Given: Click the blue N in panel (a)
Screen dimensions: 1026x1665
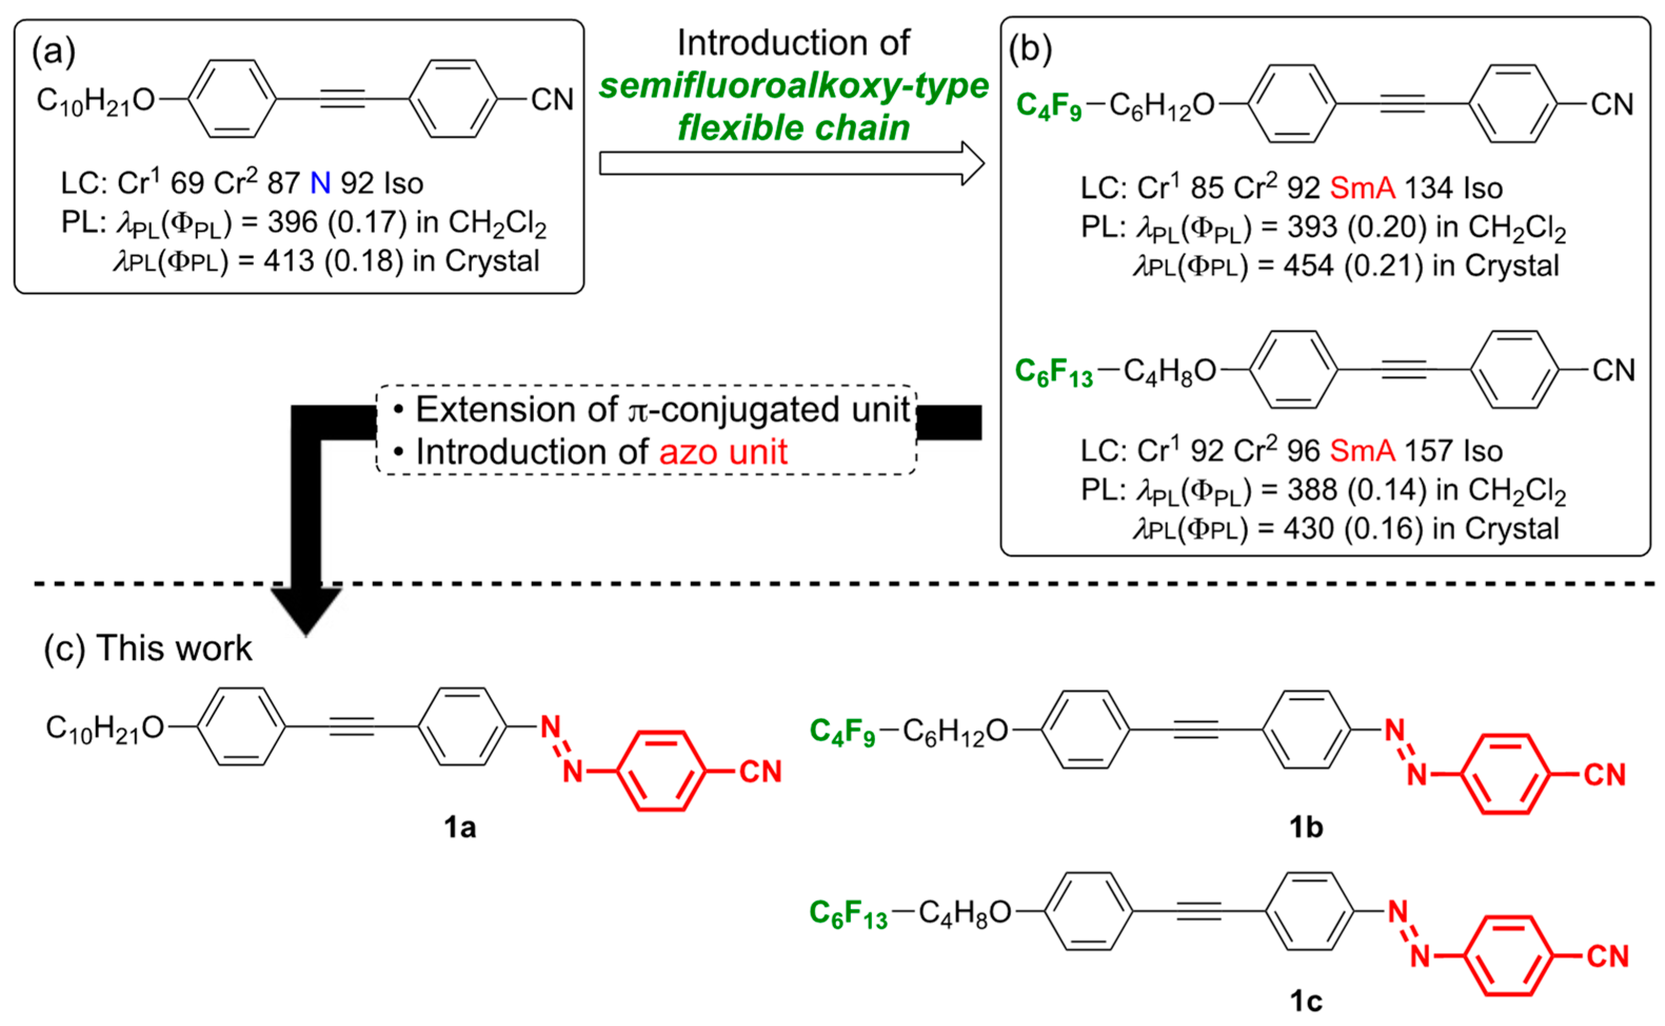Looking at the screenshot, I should pos(320,183).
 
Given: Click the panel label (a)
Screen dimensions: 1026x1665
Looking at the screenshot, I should pos(54,52).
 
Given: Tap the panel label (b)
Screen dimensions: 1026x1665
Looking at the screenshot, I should pos(1030,49).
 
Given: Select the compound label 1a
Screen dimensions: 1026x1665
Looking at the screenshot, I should pos(460,827).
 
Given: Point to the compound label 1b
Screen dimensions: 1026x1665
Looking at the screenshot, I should pos(1305,827).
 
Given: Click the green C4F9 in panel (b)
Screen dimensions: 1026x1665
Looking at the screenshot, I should pos(1049,106).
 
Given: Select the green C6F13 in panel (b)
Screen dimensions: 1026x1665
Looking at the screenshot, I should pos(1053,372).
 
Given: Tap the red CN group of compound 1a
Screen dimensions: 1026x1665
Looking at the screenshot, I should pos(760,772).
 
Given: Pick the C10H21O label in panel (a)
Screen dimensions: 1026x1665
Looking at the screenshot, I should pos(96,101).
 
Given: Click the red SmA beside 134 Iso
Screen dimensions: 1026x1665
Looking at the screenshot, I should pos(1362,188).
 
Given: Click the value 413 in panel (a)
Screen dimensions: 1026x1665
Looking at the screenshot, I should pos(289,261).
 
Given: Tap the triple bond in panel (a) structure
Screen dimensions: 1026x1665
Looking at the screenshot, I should pos(343,99).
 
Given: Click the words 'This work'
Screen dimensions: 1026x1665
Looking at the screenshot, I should pos(174,648).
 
